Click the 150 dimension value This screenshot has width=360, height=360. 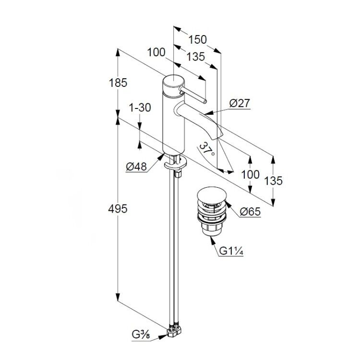point(197,40)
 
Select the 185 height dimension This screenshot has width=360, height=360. point(118,83)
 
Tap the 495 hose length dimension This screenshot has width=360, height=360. point(118,209)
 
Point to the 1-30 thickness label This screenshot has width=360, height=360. point(140,108)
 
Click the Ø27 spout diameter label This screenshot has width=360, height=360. point(240,103)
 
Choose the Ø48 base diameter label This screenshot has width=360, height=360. point(136,167)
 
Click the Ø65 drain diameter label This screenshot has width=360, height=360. point(250,212)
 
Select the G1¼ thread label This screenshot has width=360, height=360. point(231,251)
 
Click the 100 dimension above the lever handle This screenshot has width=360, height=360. point(156,52)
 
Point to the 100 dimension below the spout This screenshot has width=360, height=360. point(250,175)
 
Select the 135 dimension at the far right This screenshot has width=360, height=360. point(273,181)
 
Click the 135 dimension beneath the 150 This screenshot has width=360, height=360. point(196,57)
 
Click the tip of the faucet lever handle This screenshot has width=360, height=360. point(204,101)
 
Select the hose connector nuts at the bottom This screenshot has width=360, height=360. point(174,331)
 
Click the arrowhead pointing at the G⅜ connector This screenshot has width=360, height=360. point(163,336)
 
